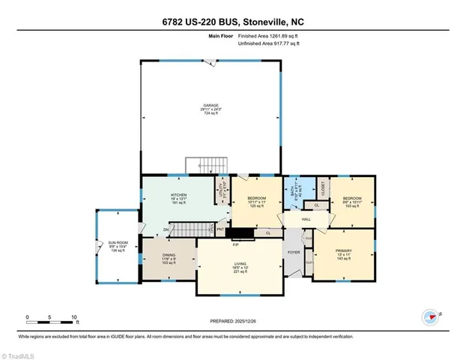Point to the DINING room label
point(169,255)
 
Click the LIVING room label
point(240,264)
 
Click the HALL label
point(306,219)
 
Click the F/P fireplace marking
point(235,245)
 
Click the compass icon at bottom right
point(429,316)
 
